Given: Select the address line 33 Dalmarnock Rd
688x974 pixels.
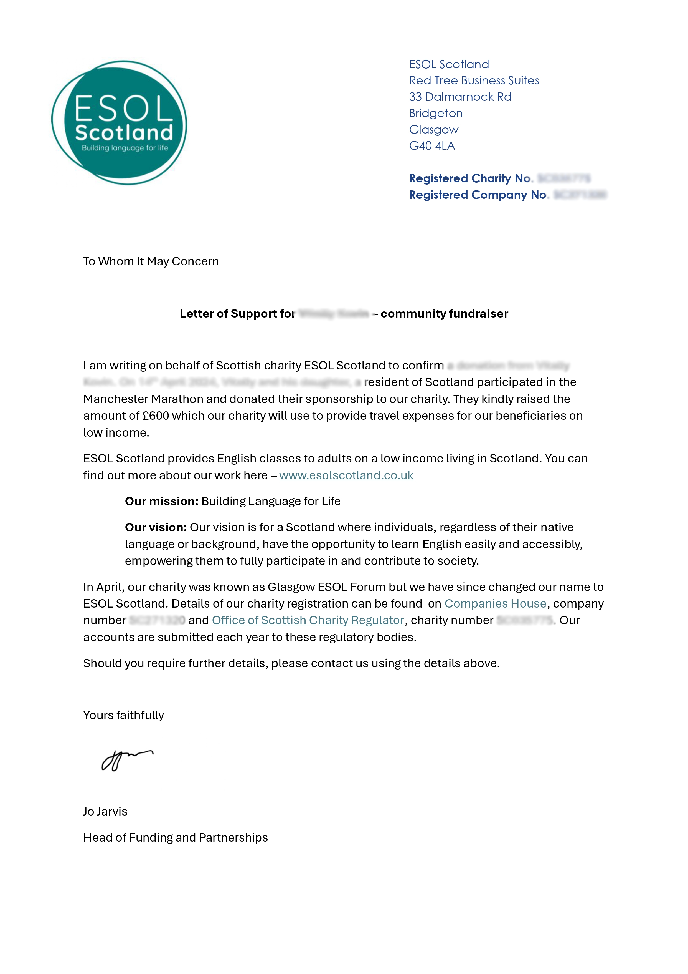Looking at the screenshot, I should [x=460, y=97].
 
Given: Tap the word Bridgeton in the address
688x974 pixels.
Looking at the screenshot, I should [x=435, y=113].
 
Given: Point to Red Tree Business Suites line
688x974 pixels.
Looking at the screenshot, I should [x=474, y=80].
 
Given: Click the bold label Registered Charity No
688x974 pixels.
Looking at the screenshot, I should [x=470, y=178].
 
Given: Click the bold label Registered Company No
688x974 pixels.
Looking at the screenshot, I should [x=478, y=195].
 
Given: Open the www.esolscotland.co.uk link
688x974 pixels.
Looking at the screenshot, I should [x=346, y=475].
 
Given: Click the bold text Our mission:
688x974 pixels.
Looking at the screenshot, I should [x=161, y=501].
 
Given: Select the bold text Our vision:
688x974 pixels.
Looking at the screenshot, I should [x=156, y=527].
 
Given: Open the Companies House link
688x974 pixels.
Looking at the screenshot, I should [x=495, y=604].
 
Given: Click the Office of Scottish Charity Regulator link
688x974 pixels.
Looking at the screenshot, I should [x=308, y=621].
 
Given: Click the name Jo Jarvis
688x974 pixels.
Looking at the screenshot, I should [x=105, y=812].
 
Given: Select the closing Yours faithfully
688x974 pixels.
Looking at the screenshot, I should [x=123, y=715].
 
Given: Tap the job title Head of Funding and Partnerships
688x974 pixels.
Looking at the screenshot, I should [x=176, y=838].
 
